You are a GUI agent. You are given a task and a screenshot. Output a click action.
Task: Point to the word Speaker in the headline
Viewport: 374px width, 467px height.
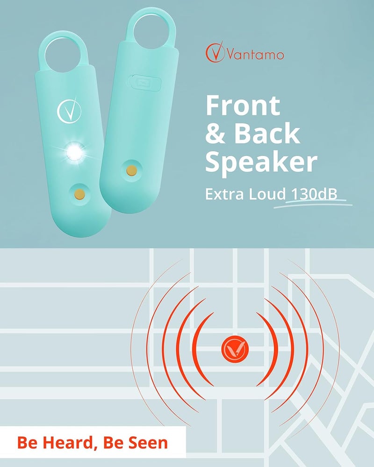click(x=261, y=162)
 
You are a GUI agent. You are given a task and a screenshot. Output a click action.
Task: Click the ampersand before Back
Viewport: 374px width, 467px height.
click(x=216, y=134)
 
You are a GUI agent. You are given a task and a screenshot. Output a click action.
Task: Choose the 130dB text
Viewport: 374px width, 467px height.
click(x=314, y=193)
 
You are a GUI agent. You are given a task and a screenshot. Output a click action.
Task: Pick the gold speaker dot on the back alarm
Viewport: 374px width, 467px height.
click(x=132, y=170)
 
